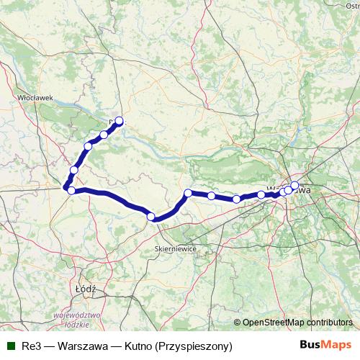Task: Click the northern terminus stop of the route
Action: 119,121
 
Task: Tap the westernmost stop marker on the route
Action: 70,189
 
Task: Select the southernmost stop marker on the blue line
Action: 151,216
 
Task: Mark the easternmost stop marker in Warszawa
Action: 294,186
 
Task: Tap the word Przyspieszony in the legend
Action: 197,346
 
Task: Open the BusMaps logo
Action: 327,346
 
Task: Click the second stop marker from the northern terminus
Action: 104,135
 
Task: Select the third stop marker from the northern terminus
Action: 89,146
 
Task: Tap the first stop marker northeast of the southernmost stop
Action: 188,193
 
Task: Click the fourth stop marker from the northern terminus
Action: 74,170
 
